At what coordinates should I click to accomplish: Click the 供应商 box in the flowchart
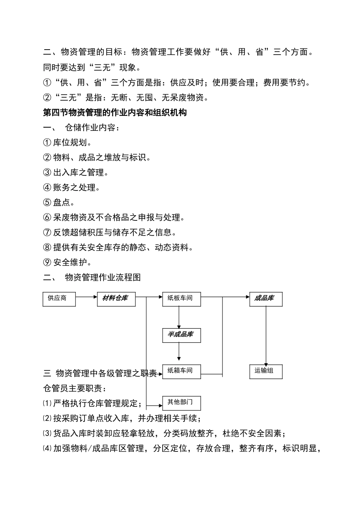59,299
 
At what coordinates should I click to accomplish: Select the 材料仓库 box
116,299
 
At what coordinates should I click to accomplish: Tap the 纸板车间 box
181,299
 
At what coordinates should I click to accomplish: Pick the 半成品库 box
181,335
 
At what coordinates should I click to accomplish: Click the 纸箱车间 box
181,371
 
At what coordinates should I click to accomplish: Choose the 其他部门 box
181,403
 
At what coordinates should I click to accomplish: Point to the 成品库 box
265,299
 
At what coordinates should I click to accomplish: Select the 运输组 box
265,371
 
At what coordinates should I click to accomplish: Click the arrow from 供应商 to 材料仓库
86,297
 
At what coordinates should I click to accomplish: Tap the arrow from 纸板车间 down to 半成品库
179,317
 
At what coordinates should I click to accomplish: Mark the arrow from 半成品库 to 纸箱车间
179,353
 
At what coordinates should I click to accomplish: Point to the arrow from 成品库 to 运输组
266,335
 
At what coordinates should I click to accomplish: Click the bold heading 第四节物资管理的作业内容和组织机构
115,112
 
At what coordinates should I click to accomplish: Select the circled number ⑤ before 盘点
47,203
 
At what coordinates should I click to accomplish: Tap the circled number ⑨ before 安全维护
47,262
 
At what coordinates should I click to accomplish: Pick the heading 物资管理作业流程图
103,278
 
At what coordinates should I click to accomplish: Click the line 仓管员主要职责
75,388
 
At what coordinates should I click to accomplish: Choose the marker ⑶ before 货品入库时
47,433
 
